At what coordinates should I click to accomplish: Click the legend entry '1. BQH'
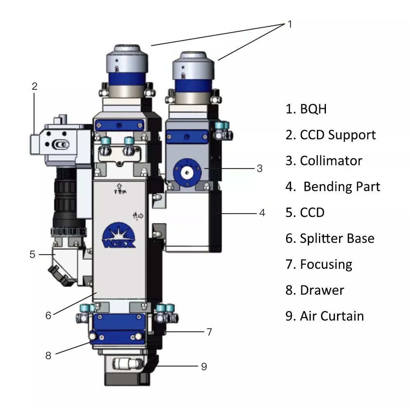(306, 109)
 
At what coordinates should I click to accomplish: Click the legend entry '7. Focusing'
(319, 264)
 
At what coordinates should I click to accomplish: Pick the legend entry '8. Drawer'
(315, 290)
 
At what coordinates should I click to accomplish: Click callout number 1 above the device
(290, 24)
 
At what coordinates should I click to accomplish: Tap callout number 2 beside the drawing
(35, 86)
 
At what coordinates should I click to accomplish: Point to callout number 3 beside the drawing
(259, 169)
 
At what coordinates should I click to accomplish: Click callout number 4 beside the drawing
(262, 213)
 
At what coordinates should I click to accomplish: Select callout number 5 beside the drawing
(32, 254)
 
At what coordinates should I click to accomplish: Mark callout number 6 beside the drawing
(48, 315)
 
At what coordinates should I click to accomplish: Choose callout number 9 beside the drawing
(204, 367)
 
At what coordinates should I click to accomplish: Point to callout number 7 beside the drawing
(209, 332)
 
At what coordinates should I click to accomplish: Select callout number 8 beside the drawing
(48, 356)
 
